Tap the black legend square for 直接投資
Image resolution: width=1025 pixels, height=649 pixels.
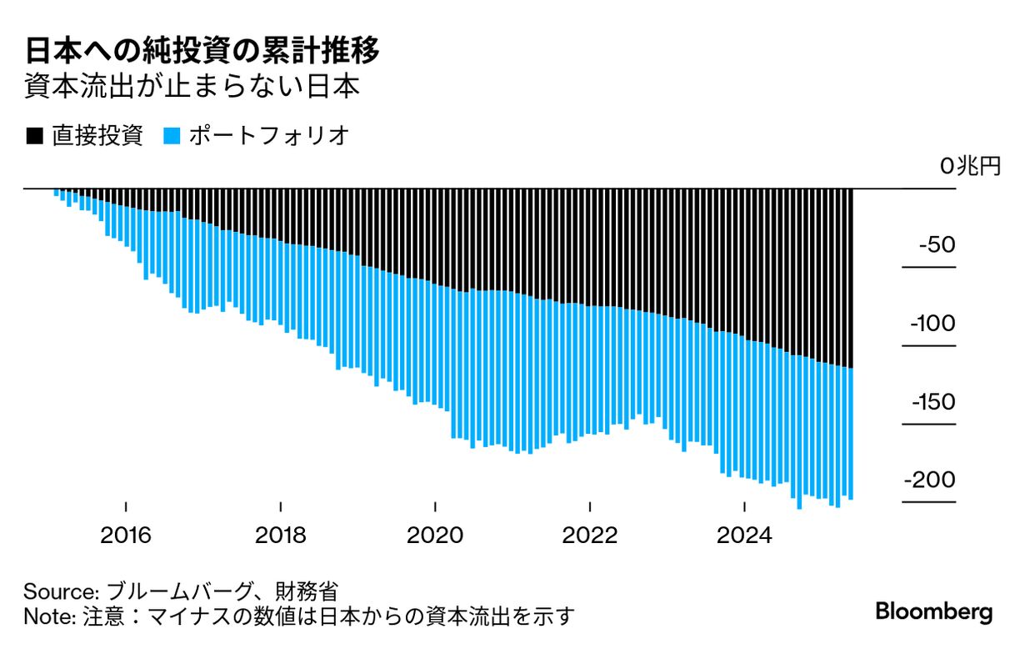click(34, 136)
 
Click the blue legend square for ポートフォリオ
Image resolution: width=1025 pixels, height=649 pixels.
click(172, 136)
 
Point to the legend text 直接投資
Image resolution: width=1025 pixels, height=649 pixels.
click(97, 136)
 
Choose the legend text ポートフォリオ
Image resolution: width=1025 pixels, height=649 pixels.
click(267, 136)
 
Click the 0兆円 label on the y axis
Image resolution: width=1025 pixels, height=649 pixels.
click(969, 166)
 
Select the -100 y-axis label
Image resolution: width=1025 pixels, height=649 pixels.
click(930, 324)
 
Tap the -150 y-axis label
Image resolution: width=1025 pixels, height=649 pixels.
click(930, 403)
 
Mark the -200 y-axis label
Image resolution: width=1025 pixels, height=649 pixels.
click(928, 481)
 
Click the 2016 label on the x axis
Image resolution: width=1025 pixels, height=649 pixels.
click(126, 534)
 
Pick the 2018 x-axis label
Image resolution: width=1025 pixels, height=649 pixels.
click(281, 534)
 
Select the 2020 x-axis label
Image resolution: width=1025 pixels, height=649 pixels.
click(435, 534)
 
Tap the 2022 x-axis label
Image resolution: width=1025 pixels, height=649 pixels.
click(590, 534)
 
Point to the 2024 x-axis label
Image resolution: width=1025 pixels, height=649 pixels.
click(744, 534)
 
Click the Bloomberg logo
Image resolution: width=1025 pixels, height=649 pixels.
click(933, 611)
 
